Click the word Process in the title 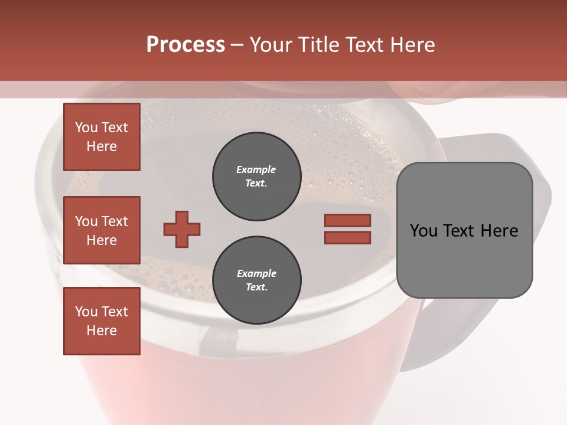185,45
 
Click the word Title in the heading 318,45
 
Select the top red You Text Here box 102,137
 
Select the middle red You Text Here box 102,230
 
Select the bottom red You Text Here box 102,321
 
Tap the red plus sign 182,229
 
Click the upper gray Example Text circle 256,176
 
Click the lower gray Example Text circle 256,280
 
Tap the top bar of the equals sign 347,220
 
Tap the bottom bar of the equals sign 347,237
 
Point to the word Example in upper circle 256,169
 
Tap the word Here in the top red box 102,146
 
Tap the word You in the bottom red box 86,312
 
